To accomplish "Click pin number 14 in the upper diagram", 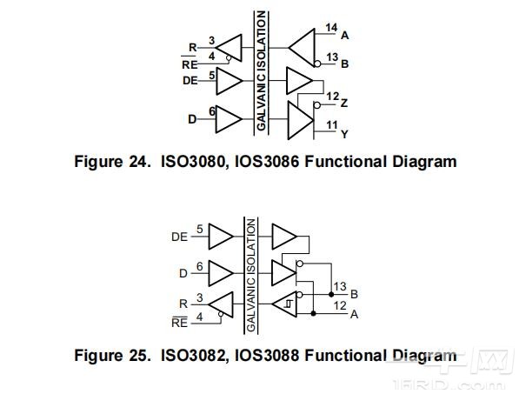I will click(x=331, y=29).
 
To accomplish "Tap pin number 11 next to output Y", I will click(x=331, y=125).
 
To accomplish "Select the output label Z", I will click(x=345, y=103).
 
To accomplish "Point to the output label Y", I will click(x=345, y=135).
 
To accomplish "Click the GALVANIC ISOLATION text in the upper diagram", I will click(x=261, y=71).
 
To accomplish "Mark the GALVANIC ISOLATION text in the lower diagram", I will click(x=251, y=275).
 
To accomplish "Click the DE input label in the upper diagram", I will click(x=190, y=80).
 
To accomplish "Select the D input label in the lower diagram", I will click(x=183, y=273).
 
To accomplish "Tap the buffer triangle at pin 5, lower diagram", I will click(x=222, y=237).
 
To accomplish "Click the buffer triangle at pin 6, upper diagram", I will click(x=229, y=118).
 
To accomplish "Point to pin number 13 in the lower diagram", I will click(x=340, y=286).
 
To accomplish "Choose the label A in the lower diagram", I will click(x=354, y=314).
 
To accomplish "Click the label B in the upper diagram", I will click(x=345, y=63).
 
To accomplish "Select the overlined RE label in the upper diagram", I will click(x=189, y=64).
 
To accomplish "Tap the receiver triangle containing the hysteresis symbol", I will click(x=284, y=304).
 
